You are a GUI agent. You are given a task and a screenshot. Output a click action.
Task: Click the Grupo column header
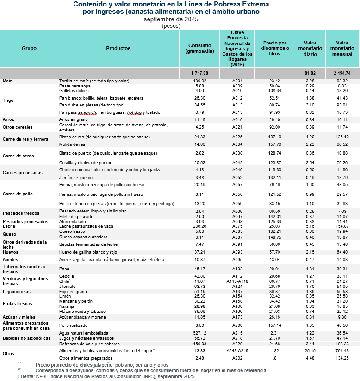[29, 48]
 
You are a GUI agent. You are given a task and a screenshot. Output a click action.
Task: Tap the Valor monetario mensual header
[342, 48]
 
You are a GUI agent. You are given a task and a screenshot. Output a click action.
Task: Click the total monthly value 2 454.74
[342, 73]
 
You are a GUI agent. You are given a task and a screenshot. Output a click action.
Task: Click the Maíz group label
[7, 81]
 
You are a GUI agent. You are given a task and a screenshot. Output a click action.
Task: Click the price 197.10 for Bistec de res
[274, 137]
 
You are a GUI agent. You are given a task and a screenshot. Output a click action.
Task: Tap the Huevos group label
[11, 252]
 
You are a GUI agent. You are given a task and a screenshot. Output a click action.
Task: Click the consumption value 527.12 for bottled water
[199, 333]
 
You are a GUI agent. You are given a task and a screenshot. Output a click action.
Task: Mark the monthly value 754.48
[342, 351]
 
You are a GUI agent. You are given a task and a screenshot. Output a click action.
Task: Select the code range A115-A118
[237, 281]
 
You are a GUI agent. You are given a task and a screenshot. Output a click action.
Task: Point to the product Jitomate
[68, 286]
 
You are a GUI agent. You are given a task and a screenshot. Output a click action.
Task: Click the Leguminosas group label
[17, 292]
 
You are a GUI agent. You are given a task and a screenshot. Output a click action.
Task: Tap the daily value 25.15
[310, 351]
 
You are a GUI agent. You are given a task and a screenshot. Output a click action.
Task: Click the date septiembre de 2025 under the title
[171, 19]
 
